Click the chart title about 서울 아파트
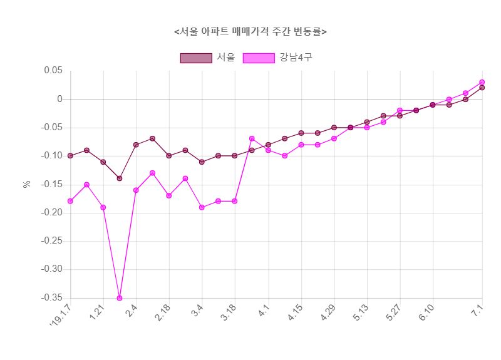click(x=250, y=31)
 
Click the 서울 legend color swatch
click(x=196, y=58)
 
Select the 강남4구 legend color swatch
click(x=258, y=58)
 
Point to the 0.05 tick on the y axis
click(x=53, y=71)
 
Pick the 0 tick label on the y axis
click(x=59, y=99)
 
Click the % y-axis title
click(x=27, y=184)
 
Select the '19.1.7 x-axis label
click(x=61, y=318)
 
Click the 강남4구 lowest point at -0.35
click(x=120, y=298)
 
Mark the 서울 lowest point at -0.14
click(x=120, y=178)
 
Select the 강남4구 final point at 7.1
click(x=482, y=82)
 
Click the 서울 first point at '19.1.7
click(x=70, y=156)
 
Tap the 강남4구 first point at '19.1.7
click(x=70, y=201)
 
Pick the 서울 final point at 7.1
click(x=482, y=88)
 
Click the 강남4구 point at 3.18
click(x=235, y=201)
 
